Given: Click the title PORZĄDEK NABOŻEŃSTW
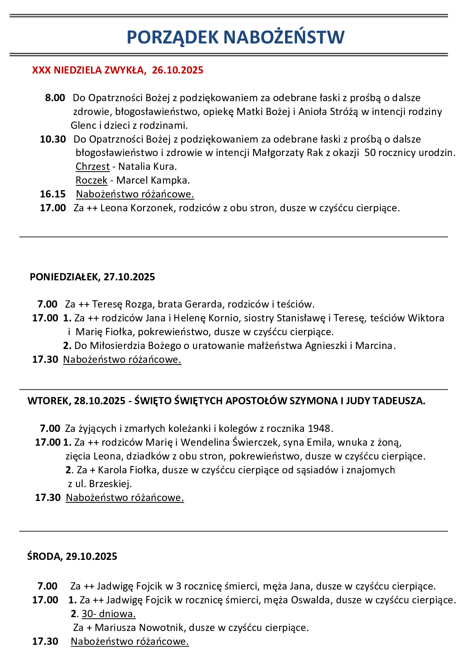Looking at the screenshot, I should pyautogui.click(x=236, y=37).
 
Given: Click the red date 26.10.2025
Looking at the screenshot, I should pyautogui.click(x=178, y=70).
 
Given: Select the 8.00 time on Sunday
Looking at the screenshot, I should pyautogui.click(x=55, y=98).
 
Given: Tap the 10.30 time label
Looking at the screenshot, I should pyautogui.click(x=53, y=139).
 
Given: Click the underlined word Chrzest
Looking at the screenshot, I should pyautogui.click(x=93, y=167).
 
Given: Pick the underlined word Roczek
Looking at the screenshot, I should pyautogui.click(x=91, y=180).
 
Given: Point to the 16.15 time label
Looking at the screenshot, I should pyautogui.click(x=53, y=194).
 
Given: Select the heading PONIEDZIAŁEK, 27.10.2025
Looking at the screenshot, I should pyautogui.click(x=92, y=277).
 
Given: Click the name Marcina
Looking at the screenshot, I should pyautogui.click(x=374, y=346).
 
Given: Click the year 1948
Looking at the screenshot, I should pyautogui.click(x=320, y=429).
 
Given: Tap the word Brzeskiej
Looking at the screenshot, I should pyautogui.click(x=110, y=484).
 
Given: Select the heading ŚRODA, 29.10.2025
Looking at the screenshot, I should pyautogui.click(x=72, y=557).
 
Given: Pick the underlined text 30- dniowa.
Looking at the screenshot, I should pyautogui.click(x=108, y=614).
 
